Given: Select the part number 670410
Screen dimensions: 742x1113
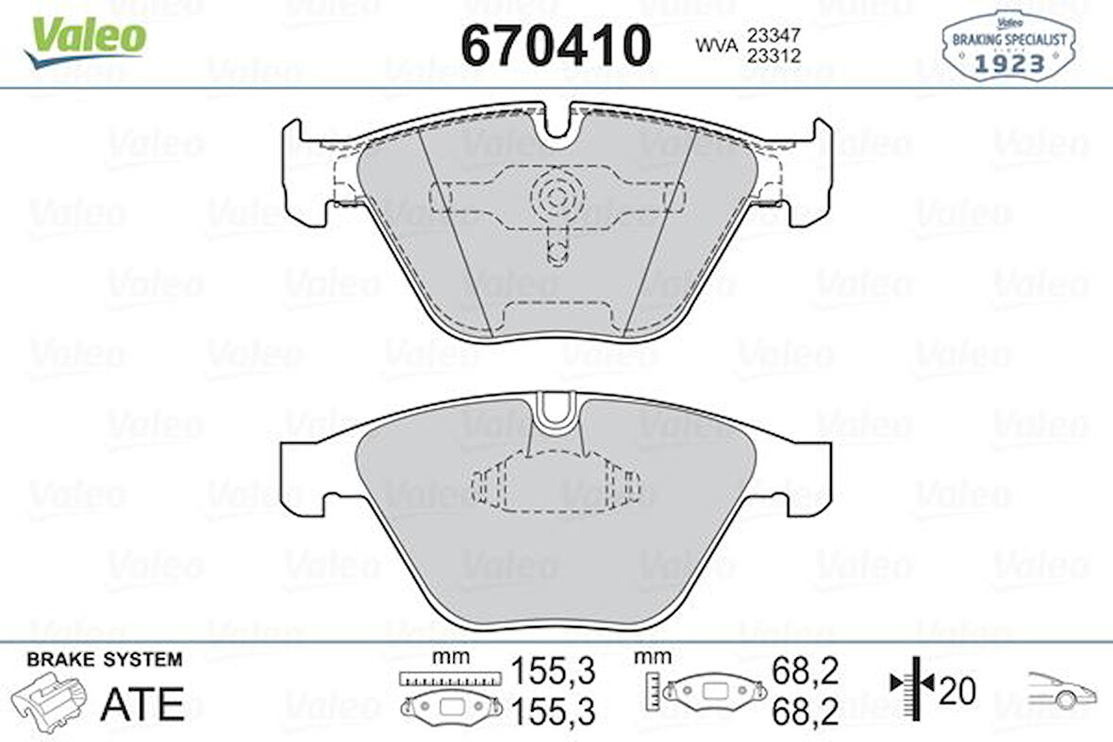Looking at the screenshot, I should click(x=556, y=44).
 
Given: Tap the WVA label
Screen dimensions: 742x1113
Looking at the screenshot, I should click(x=716, y=45).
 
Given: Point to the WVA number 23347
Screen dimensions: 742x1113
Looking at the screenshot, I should click(x=773, y=35).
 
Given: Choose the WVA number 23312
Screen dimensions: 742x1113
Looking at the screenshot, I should click(x=773, y=56).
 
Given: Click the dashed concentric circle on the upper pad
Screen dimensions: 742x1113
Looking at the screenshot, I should click(x=556, y=195).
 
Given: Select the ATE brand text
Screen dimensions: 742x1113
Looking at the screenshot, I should click(x=141, y=702).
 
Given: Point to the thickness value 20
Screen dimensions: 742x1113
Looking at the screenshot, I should click(x=957, y=691).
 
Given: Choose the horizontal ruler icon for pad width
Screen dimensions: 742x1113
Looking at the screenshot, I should click(x=448, y=678).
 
